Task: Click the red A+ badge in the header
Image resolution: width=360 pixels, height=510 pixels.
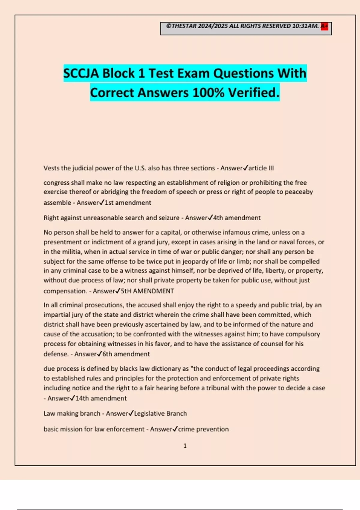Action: [x=324, y=26]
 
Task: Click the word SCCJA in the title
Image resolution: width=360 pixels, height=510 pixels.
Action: [x=81, y=73]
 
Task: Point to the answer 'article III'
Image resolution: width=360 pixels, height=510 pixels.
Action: [x=261, y=168]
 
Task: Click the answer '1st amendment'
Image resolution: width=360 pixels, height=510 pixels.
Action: [x=128, y=203]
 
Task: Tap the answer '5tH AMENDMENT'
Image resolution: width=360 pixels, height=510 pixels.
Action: [x=147, y=291]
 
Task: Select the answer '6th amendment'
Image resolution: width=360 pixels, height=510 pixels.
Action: [x=126, y=354]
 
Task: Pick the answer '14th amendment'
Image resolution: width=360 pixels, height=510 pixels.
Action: [x=101, y=398]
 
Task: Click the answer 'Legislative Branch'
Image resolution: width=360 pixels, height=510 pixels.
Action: [x=160, y=413]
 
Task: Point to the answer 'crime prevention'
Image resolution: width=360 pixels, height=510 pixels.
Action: [x=203, y=429]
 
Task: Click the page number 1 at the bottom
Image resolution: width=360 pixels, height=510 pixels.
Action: [x=185, y=446]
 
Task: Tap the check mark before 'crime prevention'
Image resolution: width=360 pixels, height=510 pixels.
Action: [x=175, y=429]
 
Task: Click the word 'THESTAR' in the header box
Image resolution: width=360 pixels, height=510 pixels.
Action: [x=184, y=26]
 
